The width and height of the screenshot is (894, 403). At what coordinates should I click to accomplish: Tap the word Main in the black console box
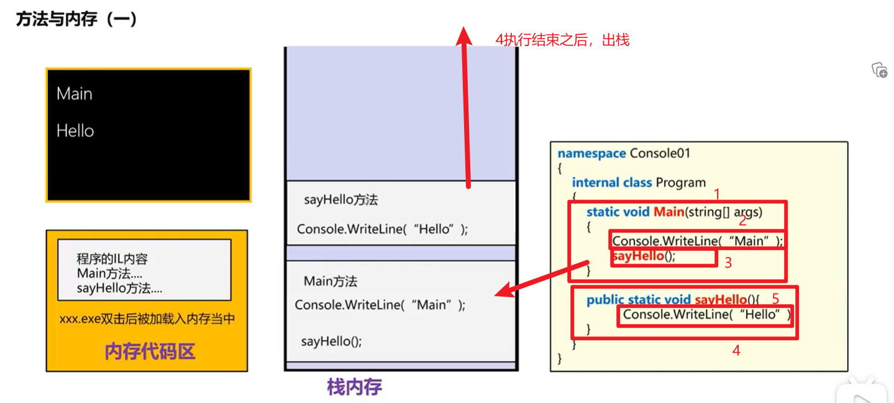click(75, 94)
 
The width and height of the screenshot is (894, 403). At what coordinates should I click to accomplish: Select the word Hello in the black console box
click(75, 131)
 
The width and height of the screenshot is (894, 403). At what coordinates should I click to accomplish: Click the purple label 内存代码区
click(150, 351)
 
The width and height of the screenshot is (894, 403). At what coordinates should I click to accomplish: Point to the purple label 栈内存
click(355, 387)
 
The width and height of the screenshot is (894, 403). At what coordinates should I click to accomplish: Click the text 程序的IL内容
click(112, 259)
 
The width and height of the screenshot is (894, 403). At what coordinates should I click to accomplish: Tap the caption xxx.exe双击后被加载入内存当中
click(147, 319)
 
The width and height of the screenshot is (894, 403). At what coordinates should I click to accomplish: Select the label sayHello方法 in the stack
click(340, 200)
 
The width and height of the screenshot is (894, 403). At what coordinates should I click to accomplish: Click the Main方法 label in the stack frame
click(331, 282)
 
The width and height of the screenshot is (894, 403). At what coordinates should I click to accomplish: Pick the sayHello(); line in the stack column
click(331, 341)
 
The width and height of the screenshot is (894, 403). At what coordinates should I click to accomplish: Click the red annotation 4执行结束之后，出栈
click(562, 40)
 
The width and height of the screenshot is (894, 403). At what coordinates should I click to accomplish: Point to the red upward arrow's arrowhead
click(463, 34)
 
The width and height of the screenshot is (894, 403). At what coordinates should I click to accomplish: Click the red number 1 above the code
click(716, 194)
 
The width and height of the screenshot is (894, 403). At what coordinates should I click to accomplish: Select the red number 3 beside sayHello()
click(728, 262)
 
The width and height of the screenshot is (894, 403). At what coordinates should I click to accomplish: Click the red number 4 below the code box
click(736, 351)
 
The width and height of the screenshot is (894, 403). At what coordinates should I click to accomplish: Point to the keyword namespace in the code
click(591, 153)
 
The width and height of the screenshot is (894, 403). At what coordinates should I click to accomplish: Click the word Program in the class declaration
click(680, 182)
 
